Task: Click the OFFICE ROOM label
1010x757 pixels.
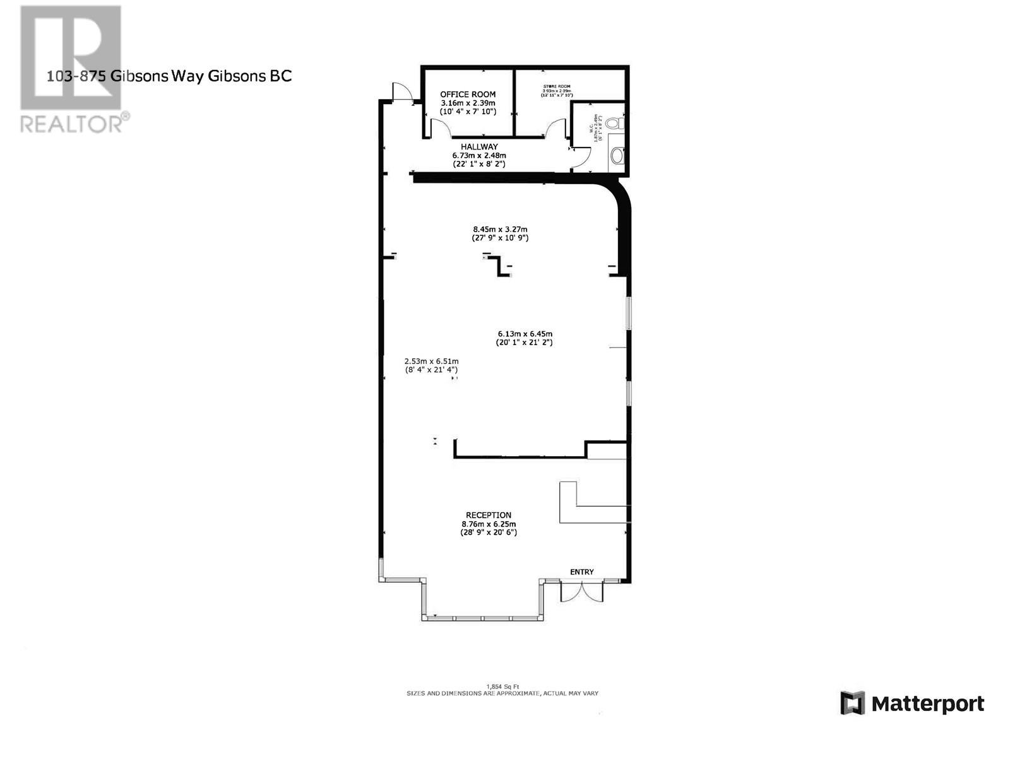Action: pyautogui.click(x=468, y=95)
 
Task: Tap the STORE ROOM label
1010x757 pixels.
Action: pyautogui.click(x=557, y=86)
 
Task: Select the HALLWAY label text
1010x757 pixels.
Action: pyautogui.click(x=479, y=147)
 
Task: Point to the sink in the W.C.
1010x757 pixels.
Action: pyautogui.click(x=618, y=156)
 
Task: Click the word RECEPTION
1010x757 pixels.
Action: pyautogui.click(x=489, y=515)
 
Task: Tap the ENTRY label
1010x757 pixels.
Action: pyautogui.click(x=581, y=572)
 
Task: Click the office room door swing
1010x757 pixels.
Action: pyautogui.click(x=441, y=128)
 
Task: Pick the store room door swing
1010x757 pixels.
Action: pyautogui.click(x=557, y=128)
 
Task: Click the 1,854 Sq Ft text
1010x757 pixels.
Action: pyautogui.click(x=502, y=687)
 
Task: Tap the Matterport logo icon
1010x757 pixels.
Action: pyautogui.click(x=852, y=703)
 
